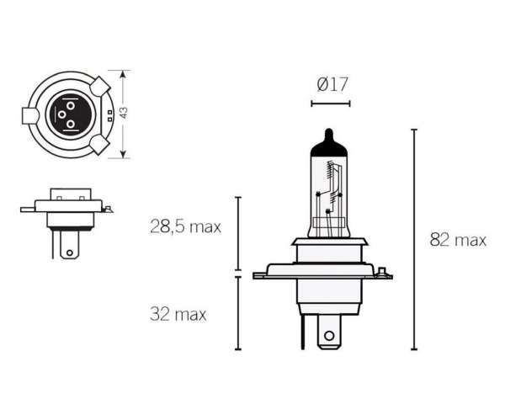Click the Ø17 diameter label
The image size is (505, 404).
coord(332,84)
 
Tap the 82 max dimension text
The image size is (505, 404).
coord(458,240)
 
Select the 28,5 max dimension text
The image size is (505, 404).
coord(185,226)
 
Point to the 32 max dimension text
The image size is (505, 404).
coord(178,314)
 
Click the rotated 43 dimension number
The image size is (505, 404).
coord(124,113)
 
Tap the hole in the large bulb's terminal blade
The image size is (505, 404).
coord(329,336)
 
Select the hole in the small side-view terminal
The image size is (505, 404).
coord(70,252)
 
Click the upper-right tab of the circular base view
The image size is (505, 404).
coord(100,86)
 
